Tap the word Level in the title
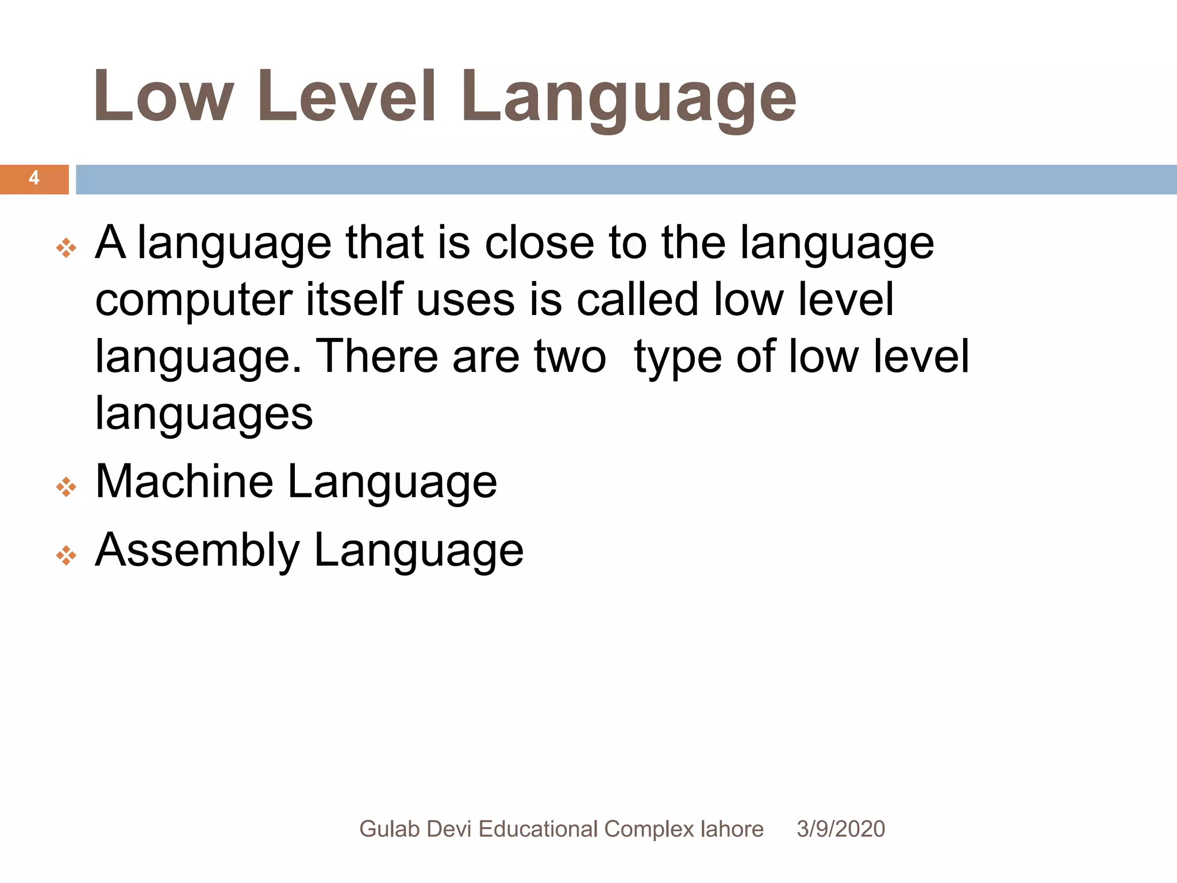[347, 97]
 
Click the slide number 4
[34, 178]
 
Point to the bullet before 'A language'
[66, 248]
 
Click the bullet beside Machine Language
[66, 487]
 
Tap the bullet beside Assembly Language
[66, 555]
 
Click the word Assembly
[197, 551]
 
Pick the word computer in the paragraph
[194, 300]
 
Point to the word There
[377, 356]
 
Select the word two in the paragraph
[570, 356]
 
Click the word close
[539, 243]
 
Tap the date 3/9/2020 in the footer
[840, 829]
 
